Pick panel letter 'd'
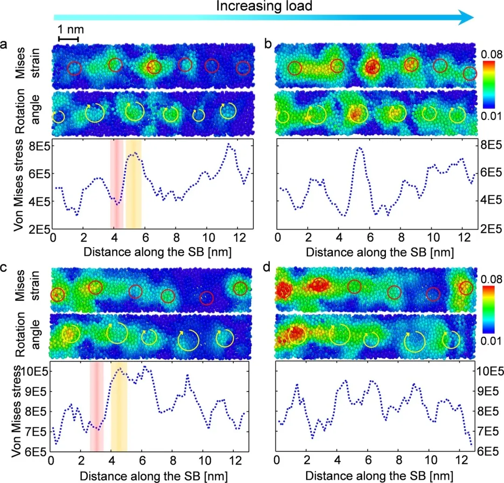tap(268, 266)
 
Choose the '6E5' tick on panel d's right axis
tap(489, 451)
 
